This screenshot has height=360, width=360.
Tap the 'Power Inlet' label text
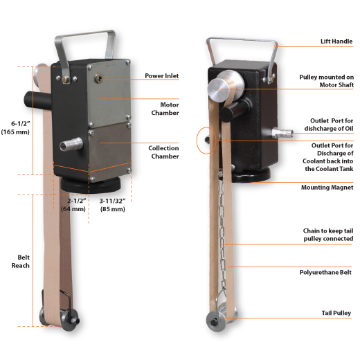click(x=163, y=75)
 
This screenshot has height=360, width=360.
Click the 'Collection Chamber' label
click(x=163, y=152)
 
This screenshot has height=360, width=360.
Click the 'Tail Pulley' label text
click(x=337, y=313)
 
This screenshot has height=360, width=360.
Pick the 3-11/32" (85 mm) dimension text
click(x=114, y=205)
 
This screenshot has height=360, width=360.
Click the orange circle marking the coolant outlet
click(x=202, y=140)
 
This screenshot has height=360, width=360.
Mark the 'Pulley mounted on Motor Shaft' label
click(x=326, y=81)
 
